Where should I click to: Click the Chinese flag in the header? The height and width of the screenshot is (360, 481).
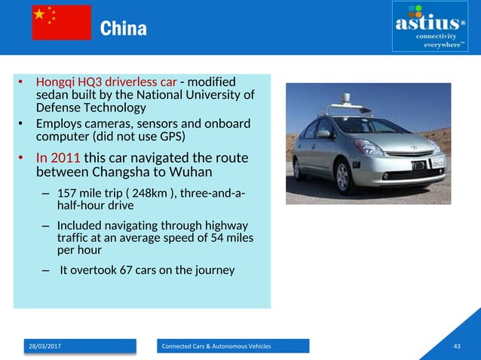click(61, 23)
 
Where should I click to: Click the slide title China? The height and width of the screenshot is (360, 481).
click(124, 29)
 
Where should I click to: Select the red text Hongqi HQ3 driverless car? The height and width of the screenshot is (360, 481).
click(106, 81)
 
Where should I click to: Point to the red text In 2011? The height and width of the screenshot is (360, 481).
click(58, 159)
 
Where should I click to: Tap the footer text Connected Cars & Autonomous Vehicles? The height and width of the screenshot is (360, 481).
click(217, 346)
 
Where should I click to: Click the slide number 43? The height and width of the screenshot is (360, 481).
click(456, 346)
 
